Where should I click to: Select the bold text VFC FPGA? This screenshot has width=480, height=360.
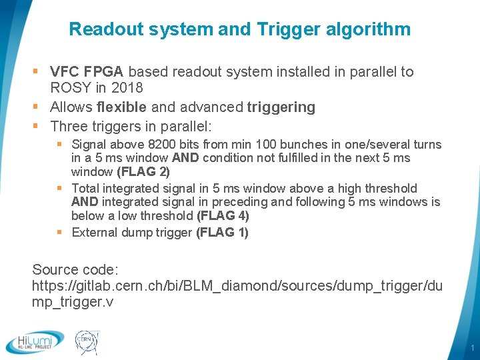(x=87, y=71)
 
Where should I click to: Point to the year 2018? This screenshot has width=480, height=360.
(x=127, y=87)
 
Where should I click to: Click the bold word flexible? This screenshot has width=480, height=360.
(x=121, y=107)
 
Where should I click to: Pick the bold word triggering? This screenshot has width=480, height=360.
(x=281, y=107)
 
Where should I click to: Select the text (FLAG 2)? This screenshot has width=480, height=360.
(x=143, y=171)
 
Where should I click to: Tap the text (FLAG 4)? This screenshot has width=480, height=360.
(x=223, y=215)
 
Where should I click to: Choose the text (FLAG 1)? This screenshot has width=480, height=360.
(x=222, y=232)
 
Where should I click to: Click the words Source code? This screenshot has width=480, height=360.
(x=75, y=270)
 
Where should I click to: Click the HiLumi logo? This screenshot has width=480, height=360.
(x=35, y=341)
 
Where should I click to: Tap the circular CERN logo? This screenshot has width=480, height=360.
(x=86, y=341)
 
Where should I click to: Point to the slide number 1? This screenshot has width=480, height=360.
(x=471, y=348)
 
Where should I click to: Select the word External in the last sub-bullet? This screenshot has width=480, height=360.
(x=93, y=232)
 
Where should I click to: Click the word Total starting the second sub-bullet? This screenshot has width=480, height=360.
(x=85, y=188)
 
